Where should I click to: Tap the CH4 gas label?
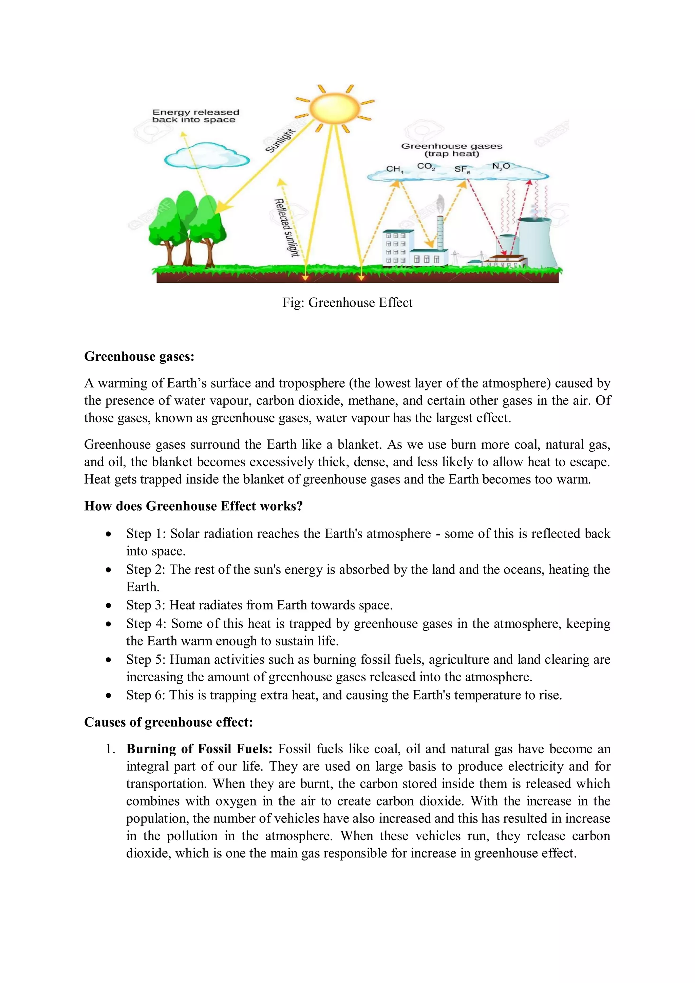(394, 169)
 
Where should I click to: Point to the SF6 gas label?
(462, 170)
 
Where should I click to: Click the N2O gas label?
(501, 166)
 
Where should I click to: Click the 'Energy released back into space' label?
(195, 116)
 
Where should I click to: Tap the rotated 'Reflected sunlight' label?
(286, 227)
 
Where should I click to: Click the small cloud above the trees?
(206, 157)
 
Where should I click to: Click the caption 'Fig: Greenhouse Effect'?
(347, 303)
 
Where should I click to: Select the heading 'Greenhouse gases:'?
(139, 356)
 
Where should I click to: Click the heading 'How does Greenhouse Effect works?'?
(193, 506)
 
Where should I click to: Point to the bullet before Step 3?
(109, 605)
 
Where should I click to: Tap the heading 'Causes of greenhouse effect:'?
(168, 722)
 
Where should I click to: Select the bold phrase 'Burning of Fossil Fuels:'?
(199, 749)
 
